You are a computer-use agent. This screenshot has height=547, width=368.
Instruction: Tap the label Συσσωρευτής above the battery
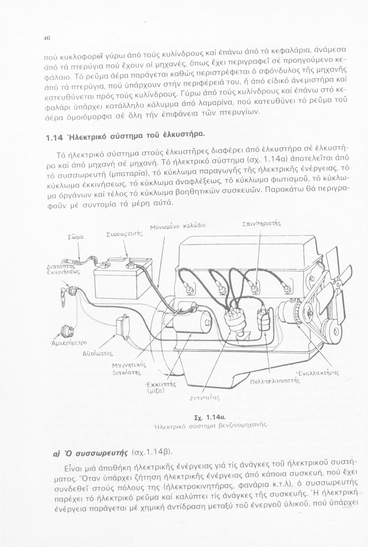pos(124,234)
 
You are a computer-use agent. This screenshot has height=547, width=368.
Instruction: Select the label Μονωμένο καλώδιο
pos(178,226)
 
